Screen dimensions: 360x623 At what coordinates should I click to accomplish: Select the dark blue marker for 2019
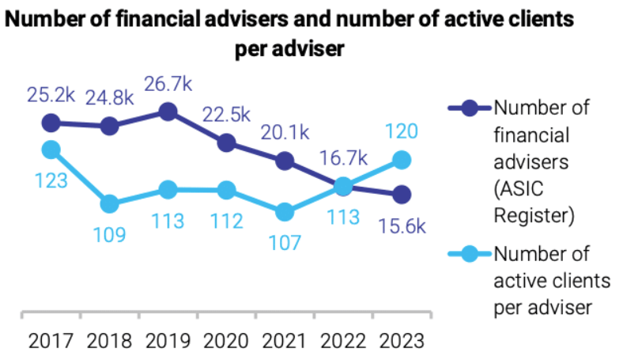click(168, 112)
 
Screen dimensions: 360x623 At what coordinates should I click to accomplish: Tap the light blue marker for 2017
click(51, 149)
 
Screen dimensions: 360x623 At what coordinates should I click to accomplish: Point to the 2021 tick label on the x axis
click(284, 341)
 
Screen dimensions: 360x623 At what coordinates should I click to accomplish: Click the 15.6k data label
click(402, 226)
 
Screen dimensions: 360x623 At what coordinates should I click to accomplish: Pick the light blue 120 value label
click(402, 131)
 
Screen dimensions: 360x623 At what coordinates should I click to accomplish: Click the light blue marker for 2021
click(285, 211)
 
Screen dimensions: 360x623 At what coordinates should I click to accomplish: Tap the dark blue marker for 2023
click(402, 194)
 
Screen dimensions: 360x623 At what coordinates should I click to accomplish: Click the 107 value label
click(284, 243)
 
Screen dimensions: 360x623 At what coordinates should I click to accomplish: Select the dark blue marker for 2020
click(227, 142)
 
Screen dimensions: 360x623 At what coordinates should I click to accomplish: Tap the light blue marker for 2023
click(402, 160)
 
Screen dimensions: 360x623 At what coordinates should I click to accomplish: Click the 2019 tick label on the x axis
click(168, 341)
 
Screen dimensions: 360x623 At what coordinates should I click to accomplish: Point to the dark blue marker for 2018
click(110, 126)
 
